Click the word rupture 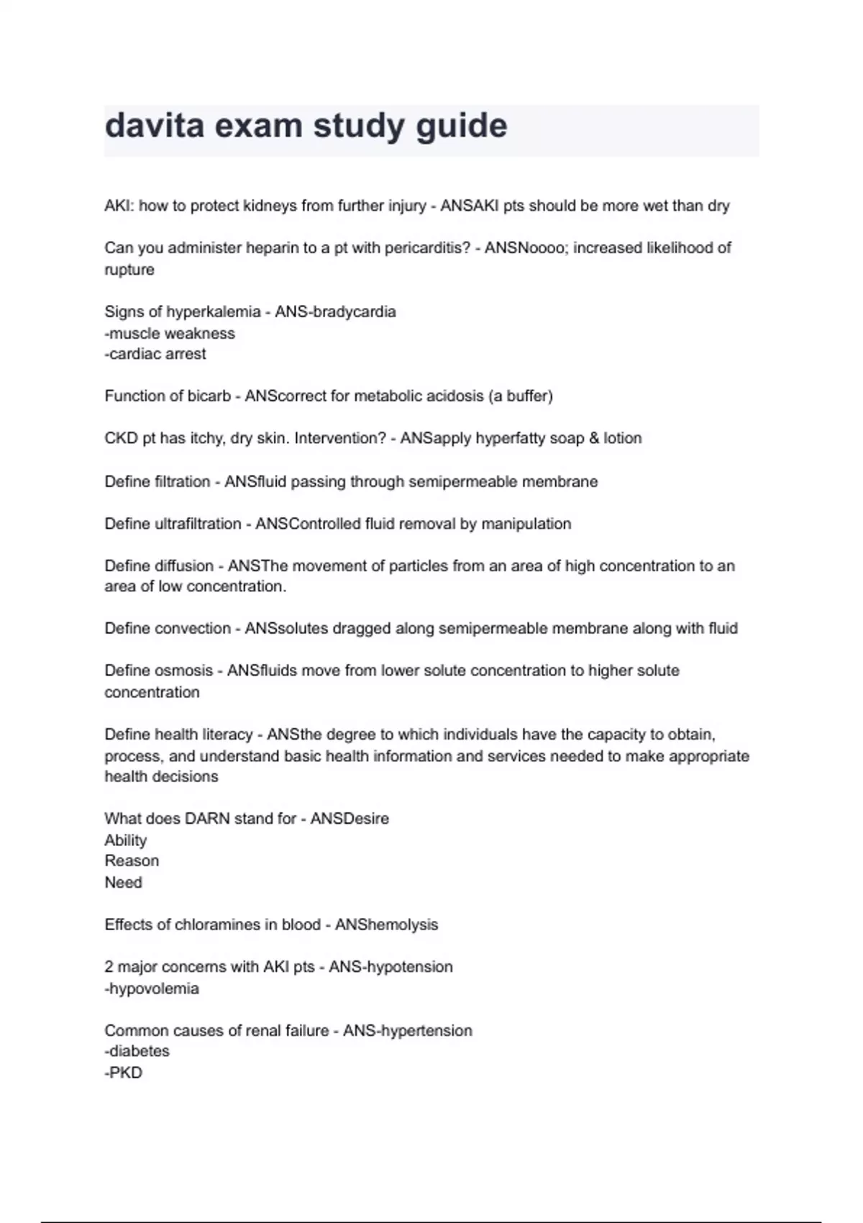[129, 270]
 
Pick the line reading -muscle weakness [170, 333]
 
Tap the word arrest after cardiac [187, 354]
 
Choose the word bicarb [209, 396]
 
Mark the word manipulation [526, 524]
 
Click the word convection [193, 629]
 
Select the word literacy [224, 735]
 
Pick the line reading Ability [126, 840]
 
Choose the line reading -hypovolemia [152, 988]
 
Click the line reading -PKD [124, 1073]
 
